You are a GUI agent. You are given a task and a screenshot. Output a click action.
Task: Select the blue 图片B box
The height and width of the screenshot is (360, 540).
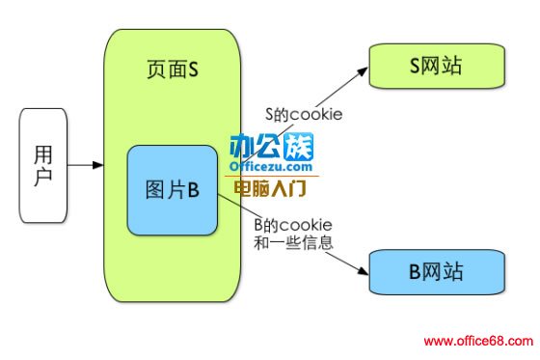[x=172, y=190]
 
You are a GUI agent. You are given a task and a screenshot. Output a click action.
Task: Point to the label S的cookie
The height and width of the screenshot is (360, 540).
[x=304, y=113]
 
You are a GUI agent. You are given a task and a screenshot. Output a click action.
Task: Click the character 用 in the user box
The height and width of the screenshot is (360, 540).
[x=43, y=153]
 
